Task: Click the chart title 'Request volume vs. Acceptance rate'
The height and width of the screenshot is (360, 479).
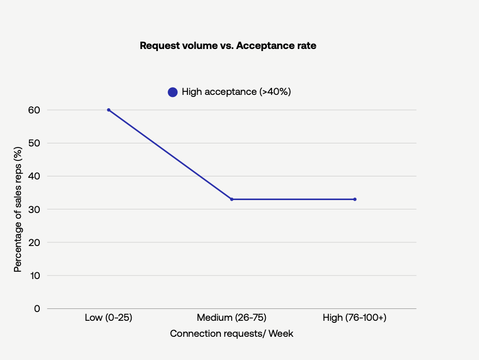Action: pyautogui.click(x=228, y=46)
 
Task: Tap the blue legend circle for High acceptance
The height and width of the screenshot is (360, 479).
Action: pyautogui.click(x=172, y=92)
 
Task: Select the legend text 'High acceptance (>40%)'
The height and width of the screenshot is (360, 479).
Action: pyautogui.click(x=236, y=92)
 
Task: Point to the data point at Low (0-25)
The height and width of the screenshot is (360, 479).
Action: pyautogui.click(x=108, y=110)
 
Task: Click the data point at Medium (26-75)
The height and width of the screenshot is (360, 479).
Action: pyautogui.click(x=232, y=199)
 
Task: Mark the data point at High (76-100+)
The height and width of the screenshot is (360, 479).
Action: pyautogui.click(x=355, y=199)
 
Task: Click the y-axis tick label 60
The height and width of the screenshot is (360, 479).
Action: pyautogui.click(x=34, y=110)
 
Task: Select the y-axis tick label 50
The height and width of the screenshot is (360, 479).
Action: pyautogui.click(x=34, y=143)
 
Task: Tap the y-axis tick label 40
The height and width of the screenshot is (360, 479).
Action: pyautogui.click(x=34, y=176)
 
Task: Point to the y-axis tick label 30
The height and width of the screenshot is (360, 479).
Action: pyautogui.click(x=34, y=209)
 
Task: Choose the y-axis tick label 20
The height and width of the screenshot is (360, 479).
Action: pyautogui.click(x=34, y=242)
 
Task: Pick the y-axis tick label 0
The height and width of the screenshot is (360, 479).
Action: pyautogui.click(x=37, y=308)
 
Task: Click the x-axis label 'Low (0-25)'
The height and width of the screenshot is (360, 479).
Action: pyautogui.click(x=108, y=318)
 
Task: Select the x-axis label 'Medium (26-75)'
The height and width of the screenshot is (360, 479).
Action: pyautogui.click(x=232, y=318)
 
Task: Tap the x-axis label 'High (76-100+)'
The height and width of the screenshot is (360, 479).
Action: pyautogui.click(x=355, y=318)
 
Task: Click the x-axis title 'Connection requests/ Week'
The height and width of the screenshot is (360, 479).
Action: pyautogui.click(x=232, y=334)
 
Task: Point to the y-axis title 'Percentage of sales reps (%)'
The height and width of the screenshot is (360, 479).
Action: pyautogui.click(x=18, y=209)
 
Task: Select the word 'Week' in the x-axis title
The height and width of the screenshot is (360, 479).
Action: pyautogui.click(x=281, y=334)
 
